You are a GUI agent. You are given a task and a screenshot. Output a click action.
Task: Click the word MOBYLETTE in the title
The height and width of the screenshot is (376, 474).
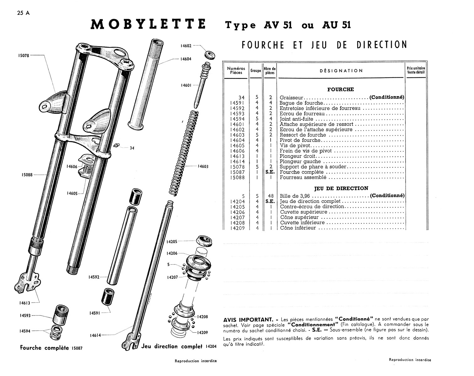[x=148, y=24]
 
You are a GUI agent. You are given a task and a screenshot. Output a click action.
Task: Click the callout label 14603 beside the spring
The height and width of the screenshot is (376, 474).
[x=203, y=166]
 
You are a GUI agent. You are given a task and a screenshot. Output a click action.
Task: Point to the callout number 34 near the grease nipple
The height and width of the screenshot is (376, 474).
[x=132, y=148]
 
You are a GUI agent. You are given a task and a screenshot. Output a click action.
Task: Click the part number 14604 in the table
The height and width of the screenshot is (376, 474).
[x=237, y=140]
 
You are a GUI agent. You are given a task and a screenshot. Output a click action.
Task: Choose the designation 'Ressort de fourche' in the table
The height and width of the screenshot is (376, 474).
[x=303, y=135]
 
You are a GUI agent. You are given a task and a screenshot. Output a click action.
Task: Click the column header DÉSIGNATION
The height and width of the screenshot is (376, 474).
[x=341, y=71]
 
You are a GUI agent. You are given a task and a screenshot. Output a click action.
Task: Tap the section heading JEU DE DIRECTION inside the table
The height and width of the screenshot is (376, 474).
[x=341, y=188]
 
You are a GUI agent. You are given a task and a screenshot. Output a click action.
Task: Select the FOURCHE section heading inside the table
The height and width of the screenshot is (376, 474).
[x=341, y=89]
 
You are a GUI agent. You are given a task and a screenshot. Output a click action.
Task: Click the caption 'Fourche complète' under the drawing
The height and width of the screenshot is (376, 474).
[x=44, y=348]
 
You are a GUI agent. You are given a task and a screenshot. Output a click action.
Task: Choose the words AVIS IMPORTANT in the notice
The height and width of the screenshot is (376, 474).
[x=248, y=320]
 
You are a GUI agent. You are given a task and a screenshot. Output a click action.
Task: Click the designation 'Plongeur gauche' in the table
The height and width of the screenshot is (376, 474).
[x=296, y=161]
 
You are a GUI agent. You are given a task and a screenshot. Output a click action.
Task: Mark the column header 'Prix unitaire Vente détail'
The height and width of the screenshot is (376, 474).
[x=416, y=70]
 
